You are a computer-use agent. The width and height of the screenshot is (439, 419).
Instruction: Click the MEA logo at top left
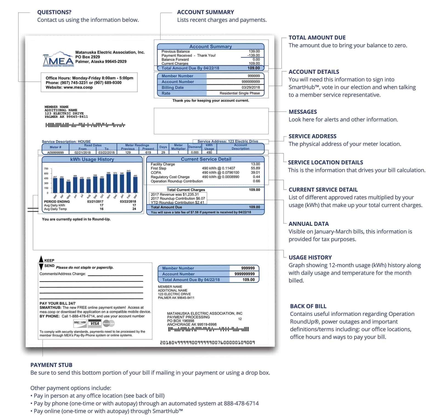(x=58, y=59)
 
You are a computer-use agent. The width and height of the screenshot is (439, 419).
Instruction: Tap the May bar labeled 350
(x=68, y=187)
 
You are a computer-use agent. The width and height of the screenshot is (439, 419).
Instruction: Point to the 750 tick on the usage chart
(x=46, y=169)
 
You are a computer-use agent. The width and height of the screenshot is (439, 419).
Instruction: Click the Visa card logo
(x=94, y=323)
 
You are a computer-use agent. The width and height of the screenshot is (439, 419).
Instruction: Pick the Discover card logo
(x=80, y=323)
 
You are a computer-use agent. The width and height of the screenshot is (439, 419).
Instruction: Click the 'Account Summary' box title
(x=210, y=47)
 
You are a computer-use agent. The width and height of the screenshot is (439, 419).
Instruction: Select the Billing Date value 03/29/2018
(x=251, y=88)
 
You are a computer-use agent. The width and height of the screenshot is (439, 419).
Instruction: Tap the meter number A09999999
(x=55, y=153)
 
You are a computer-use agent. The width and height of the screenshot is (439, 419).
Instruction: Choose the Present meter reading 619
(x=148, y=153)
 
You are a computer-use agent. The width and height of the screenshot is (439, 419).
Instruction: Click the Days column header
(x=163, y=147)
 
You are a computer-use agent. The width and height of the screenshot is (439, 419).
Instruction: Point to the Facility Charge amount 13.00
(x=255, y=164)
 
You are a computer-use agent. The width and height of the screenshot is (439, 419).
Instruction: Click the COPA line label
(x=156, y=173)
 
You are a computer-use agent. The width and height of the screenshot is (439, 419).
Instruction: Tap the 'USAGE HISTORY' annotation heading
(x=310, y=257)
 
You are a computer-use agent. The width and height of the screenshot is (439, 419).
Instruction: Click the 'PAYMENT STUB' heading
(x=51, y=365)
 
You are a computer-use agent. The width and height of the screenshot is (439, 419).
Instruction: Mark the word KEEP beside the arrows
(x=49, y=260)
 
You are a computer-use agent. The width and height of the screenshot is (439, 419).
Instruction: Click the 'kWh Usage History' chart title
(x=92, y=159)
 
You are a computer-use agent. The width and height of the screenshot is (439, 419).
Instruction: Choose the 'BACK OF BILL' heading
(x=308, y=306)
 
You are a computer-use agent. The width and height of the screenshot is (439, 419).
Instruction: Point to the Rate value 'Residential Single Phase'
(x=240, y=93)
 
